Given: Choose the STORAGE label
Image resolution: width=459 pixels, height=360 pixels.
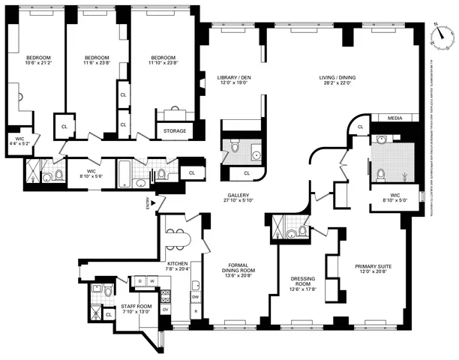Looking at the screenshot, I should [x=175, y=130].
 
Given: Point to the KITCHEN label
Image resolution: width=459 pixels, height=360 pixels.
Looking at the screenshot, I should [x=178, y=264].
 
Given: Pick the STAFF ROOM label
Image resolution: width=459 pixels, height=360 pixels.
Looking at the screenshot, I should [x=136, y=307].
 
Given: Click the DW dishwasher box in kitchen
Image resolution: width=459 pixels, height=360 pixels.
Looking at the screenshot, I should [x=195, y=296].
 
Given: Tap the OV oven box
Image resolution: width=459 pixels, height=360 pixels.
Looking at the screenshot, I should [x=165, y=309].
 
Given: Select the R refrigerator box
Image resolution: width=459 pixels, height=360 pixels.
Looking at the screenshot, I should [x=196, y=310].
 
